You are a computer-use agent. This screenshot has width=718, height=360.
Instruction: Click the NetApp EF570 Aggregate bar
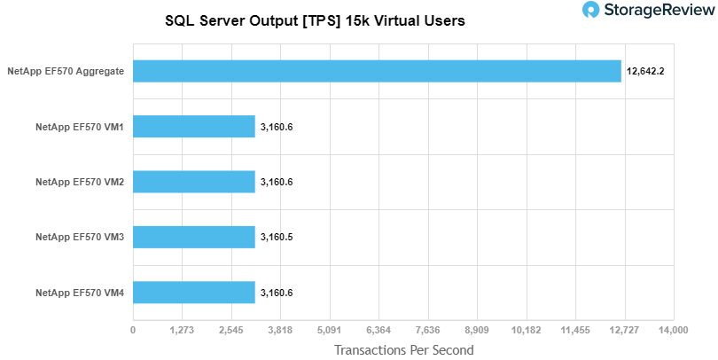[377, 71]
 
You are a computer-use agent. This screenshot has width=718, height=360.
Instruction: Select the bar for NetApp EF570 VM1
[194, 127]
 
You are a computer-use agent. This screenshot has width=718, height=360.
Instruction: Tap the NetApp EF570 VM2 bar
[194, 182]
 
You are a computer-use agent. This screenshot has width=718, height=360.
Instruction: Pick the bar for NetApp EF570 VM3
[194, 237]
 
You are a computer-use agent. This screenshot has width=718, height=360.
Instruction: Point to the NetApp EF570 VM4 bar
[194, 292]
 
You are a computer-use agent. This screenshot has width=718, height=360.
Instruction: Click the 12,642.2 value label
[645, 71]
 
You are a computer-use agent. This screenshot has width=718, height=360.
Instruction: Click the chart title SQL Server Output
[315, 20]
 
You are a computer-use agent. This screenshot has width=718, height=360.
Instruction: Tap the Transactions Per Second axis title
[403, 349]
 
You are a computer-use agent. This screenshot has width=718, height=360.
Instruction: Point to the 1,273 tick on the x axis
[182, 330]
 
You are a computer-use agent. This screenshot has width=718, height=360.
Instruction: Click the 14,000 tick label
[674, 330]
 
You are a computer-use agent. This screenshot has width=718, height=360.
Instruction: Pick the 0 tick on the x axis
[133, 330]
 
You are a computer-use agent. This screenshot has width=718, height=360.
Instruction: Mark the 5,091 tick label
[330, 330]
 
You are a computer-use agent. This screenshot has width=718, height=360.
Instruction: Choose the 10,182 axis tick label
[527, 330]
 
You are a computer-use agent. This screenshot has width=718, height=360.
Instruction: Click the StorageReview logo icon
[591, 11]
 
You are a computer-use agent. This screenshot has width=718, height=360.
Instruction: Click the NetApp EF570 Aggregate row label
[65, 71]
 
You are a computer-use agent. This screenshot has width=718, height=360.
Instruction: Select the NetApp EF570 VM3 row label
[79, 237]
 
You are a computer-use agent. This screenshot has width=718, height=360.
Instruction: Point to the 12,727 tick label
[625, 330]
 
